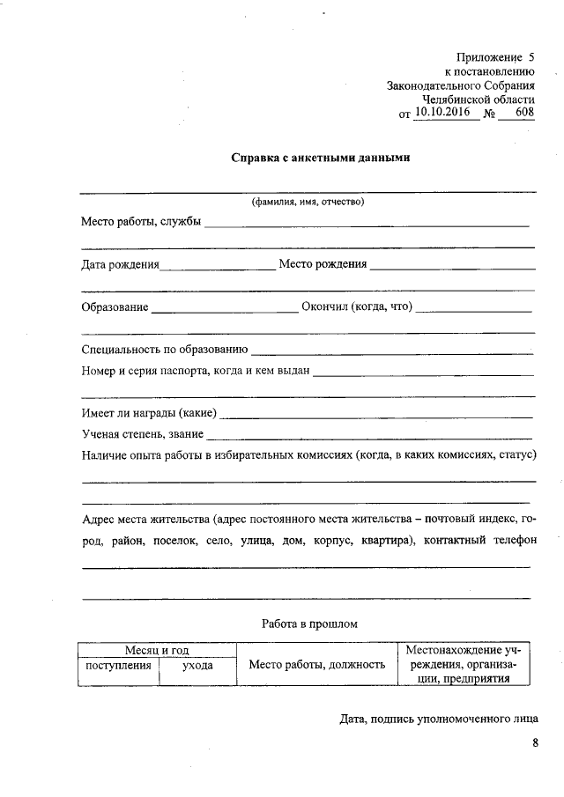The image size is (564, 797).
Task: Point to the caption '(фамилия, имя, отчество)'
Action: coord(308,202)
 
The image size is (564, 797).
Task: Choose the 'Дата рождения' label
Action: coord(120,263)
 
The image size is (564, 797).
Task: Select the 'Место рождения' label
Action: coord(323,263)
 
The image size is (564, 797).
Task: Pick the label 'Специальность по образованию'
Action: coord(164,350)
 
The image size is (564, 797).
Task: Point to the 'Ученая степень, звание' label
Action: coord(142,434)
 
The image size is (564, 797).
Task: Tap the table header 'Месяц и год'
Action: coord(157,650)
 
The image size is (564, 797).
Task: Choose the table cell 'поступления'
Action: coord(118,666)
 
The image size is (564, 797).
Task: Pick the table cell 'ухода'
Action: coord(197,666)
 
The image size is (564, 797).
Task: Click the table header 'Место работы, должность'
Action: coord(317,665)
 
